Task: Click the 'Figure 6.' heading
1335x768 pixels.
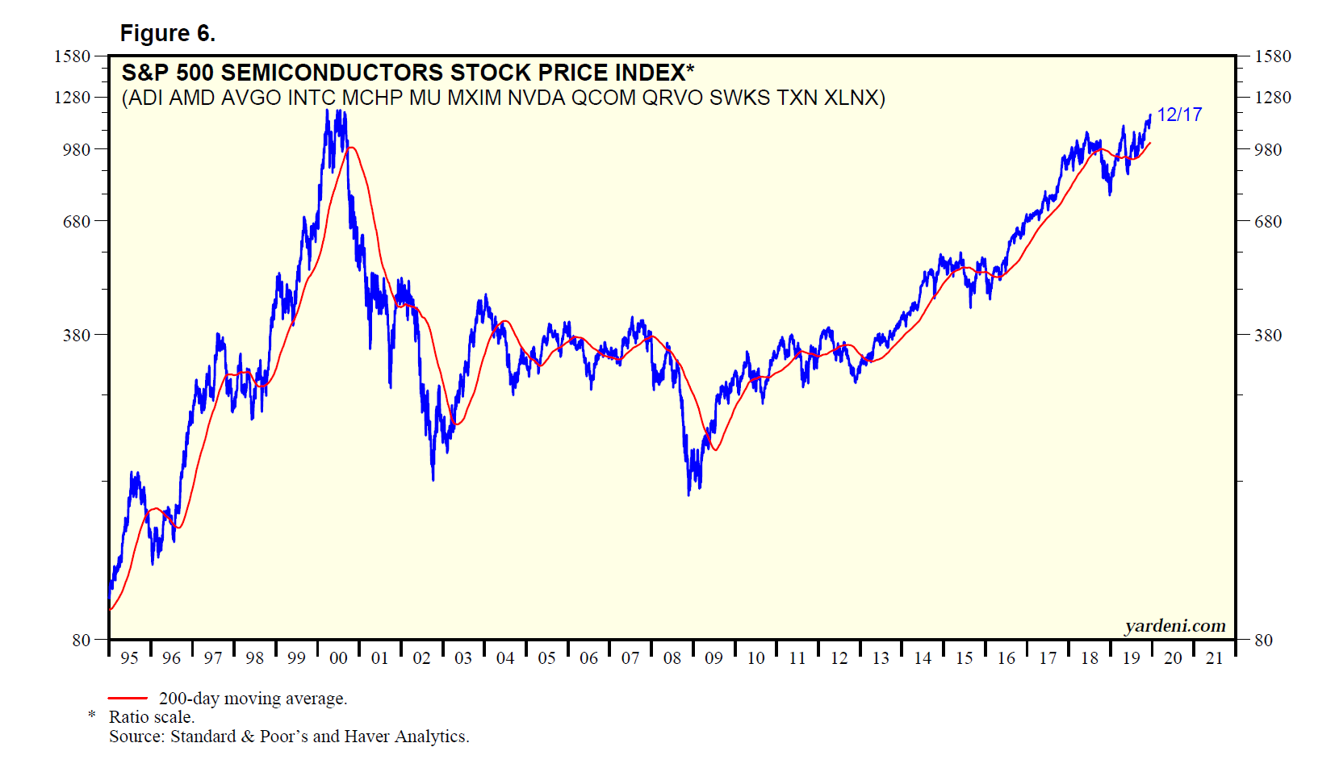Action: pyautogui.click(x=167, y=33)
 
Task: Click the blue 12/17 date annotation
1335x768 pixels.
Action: pyautogui.click(x=1179, y=115)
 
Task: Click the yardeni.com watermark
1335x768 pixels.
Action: pyautogui.click(x=1174, y=626)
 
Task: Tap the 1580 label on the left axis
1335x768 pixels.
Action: pyautogui.click(x=72, y=56)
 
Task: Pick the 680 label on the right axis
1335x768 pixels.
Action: pyautogui.click(x=1267, y=222)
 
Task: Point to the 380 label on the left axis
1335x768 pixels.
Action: pyautogui.click(x=77, y=335)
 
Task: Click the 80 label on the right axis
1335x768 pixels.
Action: pyautogui.click(x=1263, y=641)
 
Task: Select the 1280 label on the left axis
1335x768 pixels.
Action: pyautogui.click(x=72, y=98)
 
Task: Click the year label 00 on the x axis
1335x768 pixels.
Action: pyautogui.click(x=338, y=658)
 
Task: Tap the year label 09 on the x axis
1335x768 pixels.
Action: pyautogui.click(x=714, y=658)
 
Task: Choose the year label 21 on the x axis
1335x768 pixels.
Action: pyautogui.click(x=1214, y=658)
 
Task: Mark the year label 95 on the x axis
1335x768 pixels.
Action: pyautogui.click(x=129, y=658)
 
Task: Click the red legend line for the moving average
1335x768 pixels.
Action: pyautogui.click(x=128, y=699)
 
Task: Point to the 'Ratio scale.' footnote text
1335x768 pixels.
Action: pyautogui.click(x=152, y=717)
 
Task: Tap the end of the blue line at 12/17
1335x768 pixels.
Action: pyautogui.click(x=1150, y=115)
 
